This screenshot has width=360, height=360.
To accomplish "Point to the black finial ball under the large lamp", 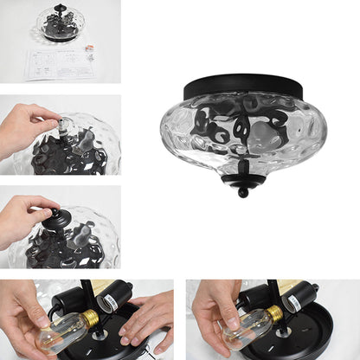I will click(243, 192).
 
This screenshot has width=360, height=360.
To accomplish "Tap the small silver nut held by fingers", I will click(61, 124).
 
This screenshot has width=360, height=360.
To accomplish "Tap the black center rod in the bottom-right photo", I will click(274, 294).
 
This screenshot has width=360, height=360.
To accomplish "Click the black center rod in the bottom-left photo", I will click(87, 294).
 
